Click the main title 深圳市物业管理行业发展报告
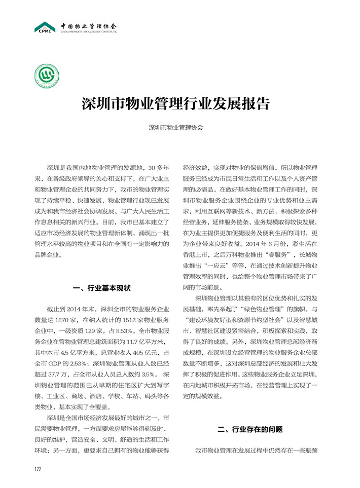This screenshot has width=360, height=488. point(176,104)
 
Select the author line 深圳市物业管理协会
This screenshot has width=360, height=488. point(176,128)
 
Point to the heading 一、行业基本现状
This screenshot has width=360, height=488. point(102,288)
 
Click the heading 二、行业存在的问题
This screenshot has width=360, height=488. point(249,429)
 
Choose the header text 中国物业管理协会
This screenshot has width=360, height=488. point(88,25)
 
